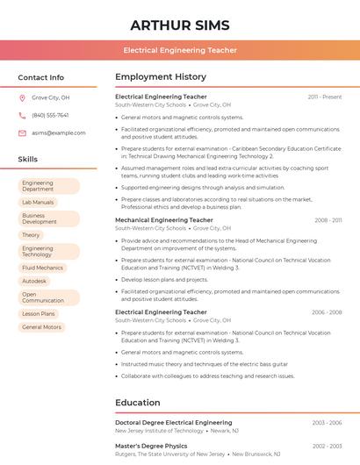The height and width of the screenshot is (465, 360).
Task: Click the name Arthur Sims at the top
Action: coord(180,25)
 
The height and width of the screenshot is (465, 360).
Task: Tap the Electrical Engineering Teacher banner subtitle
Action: coord(180,50)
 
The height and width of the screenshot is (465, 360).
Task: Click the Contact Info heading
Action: coord(41,77)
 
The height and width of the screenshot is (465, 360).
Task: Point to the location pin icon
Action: coord(22,98)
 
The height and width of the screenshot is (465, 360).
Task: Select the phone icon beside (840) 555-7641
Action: coord(22,116)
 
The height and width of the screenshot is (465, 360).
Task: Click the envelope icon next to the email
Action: coord(22,133)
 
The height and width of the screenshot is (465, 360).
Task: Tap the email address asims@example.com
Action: coord(59,133)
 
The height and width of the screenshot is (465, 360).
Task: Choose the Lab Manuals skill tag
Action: coord(38,203)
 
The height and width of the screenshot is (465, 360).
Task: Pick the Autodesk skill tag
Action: coord(34,281)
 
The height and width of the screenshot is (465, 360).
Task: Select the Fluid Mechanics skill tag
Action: coord(42,268)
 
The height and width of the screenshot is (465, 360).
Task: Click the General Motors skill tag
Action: coord(41,327)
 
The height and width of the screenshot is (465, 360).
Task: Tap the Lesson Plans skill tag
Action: coord(39,313)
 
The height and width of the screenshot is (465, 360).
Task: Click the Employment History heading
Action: coord(161,77)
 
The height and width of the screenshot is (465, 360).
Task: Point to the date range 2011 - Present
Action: coord(325,97)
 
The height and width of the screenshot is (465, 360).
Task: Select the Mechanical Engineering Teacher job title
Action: coord(164,220)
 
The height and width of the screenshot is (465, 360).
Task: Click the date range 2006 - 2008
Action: coord(327,312)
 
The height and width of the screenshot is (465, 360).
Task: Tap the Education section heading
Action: coord(137,403)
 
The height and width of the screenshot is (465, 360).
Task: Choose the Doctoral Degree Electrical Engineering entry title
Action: coord(174,423)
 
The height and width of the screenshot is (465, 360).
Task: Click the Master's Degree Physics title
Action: coord(151,446)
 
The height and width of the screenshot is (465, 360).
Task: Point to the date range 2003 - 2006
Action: coord(327,423)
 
